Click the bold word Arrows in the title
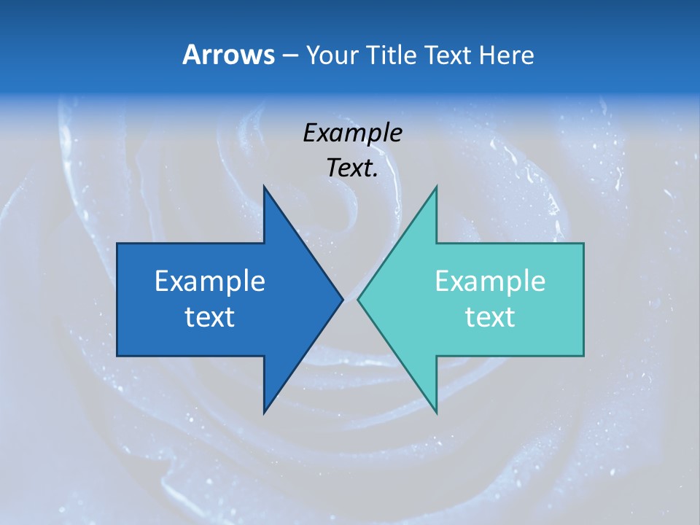click(x=227, y=55)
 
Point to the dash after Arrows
click(x=289, y=55)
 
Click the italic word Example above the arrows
click(x=352, y=133)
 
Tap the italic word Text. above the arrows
click(x=352, y=168)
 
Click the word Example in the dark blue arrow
click(x=210, y=281)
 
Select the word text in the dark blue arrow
click(x=210, y=316)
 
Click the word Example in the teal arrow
click(x=490, y=281)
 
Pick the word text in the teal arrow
click(x=490, y=316)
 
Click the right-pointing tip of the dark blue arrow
click(x=343, y=299)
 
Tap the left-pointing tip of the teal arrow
click(x=357, y=299)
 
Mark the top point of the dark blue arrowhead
click(x=264, y=186)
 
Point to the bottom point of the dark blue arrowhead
click(x=264, y=413)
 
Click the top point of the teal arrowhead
click(x=436, y=186)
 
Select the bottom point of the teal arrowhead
click(x=436, y=413)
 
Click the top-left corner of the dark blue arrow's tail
click(x=117, y=244)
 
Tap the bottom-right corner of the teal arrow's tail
click(x=583, y=356)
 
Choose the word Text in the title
click(x=448, y=55)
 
